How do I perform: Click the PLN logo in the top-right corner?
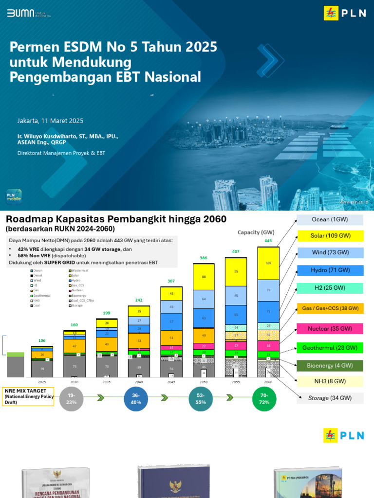click(x=344, y=13)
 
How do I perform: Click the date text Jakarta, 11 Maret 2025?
click(x=50, y=121)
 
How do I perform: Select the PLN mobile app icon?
click(x=14, y=196)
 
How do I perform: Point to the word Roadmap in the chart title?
click(x=33, y=219)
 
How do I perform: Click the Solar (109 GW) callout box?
click(x=330, y=236)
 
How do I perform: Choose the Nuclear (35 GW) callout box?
click(x=330, y=328)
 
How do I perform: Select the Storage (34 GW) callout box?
click(x=330, y=398)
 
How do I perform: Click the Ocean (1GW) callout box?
click(x=330, y=219)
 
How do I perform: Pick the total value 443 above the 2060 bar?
click(x=268, y=241)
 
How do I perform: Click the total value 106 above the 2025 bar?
click(x=42, y=340)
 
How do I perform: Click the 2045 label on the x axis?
click(x=171, y=382)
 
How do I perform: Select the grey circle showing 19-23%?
click(x=72, y=399)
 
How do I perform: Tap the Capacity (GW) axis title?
click(x=255, y=232)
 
